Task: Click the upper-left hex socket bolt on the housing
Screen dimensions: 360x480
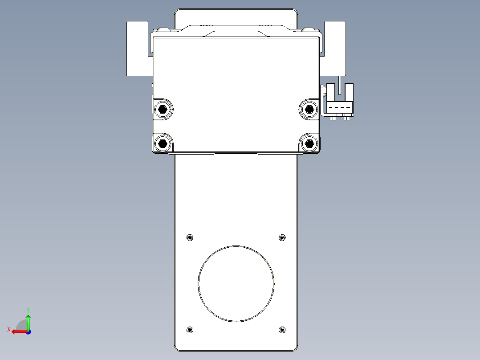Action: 163,108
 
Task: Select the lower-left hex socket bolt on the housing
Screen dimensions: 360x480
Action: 163,143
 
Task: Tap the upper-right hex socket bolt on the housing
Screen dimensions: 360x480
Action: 309,108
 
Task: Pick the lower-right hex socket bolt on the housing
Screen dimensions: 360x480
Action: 309,143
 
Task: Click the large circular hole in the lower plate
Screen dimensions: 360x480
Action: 236,283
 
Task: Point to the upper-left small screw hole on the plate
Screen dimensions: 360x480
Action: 190,237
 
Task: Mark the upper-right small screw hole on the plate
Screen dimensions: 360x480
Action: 281,237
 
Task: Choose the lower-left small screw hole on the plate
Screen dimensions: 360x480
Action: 190,330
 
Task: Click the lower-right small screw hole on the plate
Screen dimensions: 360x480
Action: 281,330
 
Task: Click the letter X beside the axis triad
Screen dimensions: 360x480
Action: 8,329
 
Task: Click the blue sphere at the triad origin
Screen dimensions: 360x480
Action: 28,331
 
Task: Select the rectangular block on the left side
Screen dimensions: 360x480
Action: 137,48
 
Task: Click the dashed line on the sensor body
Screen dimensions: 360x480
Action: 340,108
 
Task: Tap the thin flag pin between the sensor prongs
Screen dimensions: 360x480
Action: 339,85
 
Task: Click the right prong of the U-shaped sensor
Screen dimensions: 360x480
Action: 349,92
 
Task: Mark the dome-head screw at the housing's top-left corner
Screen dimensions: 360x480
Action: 162,30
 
